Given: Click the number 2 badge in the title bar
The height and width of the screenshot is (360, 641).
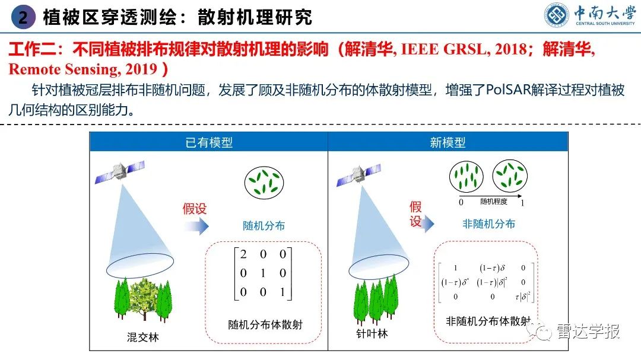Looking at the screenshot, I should coord(23,17).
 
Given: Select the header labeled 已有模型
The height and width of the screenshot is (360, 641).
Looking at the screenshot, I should coord(208,142).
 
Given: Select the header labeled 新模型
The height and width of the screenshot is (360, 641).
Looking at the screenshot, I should coord(448,142).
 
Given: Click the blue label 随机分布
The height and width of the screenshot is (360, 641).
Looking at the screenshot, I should coord(264,225).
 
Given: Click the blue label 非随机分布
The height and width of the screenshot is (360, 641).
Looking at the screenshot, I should coord(489,224).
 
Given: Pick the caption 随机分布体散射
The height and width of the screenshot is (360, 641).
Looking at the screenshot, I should coord(265,324).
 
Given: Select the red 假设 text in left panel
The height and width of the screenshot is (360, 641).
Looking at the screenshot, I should coord(195,208).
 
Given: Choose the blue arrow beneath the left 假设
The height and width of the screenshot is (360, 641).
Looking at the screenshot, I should coord(196,226).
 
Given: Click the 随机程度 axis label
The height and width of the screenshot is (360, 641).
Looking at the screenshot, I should coord(494,202).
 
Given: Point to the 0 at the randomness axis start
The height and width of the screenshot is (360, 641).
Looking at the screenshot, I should coord(461,203).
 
